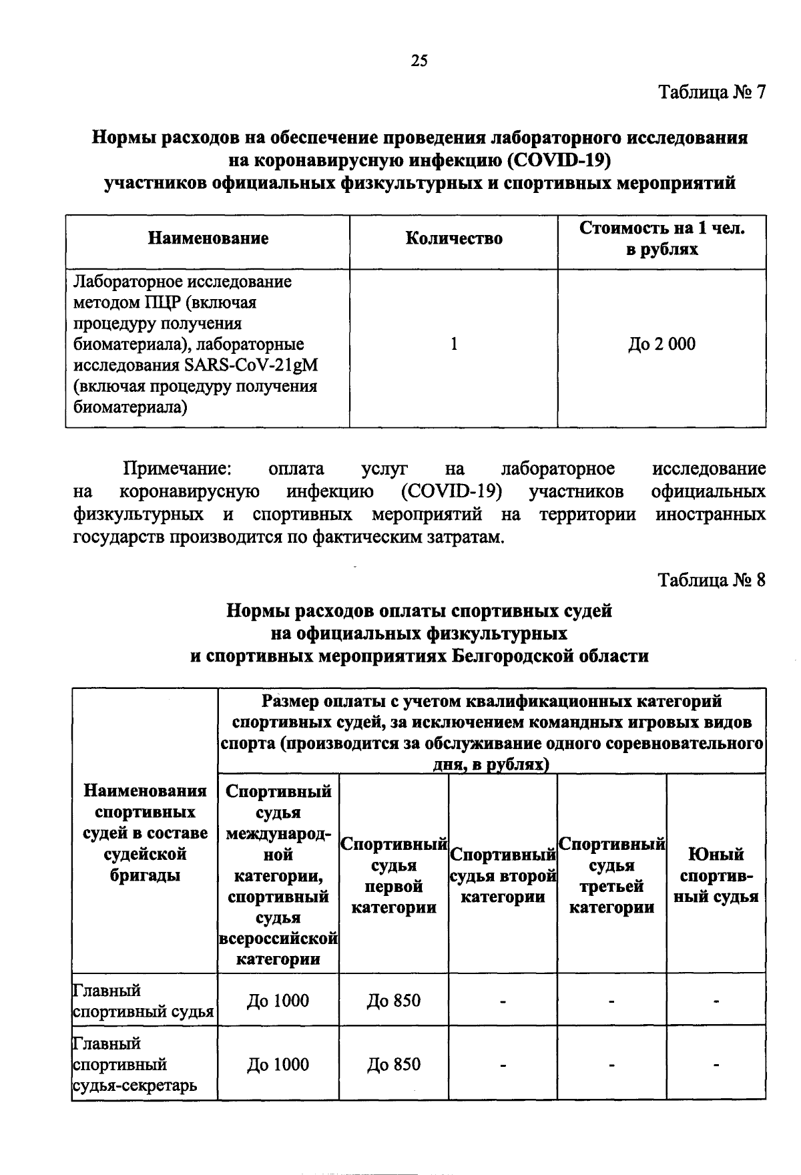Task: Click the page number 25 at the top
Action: pyautogui.click(x=419, y=61)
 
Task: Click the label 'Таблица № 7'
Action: pyautogui.click(x=712, y=91)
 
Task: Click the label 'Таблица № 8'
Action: pyautogui.click(x=712, y=579)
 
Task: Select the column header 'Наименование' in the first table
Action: pyautogui.click(x=208, y=238)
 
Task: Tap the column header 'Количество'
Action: pyautogui.click(x=454, y=238)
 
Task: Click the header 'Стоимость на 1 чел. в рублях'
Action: pyautogui.click(x=661, y=238)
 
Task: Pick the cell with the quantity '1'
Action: pyautogui.click(x=454, y=344)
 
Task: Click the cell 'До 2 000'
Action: pyautogui.click(x=661, y=344)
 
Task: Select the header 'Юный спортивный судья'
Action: pyautogui.click(x=716, y=875)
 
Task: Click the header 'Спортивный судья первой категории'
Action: pyautogui.click(x=394, y=875)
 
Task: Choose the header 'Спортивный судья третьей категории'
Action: pyautogui.click(x=611, y=875)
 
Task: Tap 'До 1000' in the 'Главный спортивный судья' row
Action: pyautogui.click(x=278, y=1001)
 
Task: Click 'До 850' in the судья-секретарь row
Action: pyautogui.click(x=394, y=1064)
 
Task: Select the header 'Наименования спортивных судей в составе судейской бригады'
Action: pyautogui.click(x=145, y=833)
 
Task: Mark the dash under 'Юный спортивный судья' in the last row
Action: pyautogui.click(x=716, y=1065)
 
